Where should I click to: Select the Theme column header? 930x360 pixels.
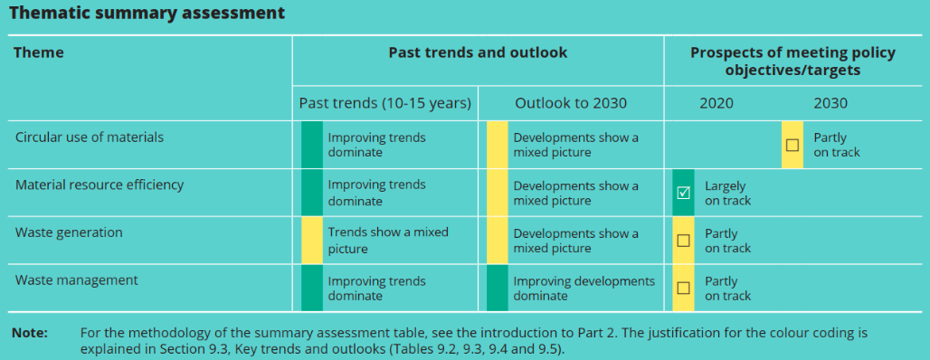(39, 52)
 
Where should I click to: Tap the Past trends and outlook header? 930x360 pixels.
(478, 52)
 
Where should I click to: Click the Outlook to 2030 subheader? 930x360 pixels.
(571, 103)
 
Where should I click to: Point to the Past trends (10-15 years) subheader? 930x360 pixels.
(384, 103)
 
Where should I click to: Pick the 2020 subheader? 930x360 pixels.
(716, 103)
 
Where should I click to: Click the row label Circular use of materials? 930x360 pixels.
(90, 137)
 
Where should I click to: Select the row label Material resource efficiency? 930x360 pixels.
(100, 185)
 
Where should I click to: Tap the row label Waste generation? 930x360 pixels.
(69, 232)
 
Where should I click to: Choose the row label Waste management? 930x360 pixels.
(77, 279)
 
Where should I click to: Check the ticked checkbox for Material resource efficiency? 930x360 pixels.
(683, 193)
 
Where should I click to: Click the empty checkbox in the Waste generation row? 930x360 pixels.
(683, 241)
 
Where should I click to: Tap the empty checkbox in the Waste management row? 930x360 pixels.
(683, 288)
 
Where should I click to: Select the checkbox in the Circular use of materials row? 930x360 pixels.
(792, 145)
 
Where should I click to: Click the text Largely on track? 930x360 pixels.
(727, 194)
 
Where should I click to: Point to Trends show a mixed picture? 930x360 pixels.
(388, 241)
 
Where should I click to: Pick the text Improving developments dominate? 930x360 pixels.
(584, 289)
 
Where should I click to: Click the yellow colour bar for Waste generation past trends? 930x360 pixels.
(312, 241)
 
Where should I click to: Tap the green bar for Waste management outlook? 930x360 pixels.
(498, 288)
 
